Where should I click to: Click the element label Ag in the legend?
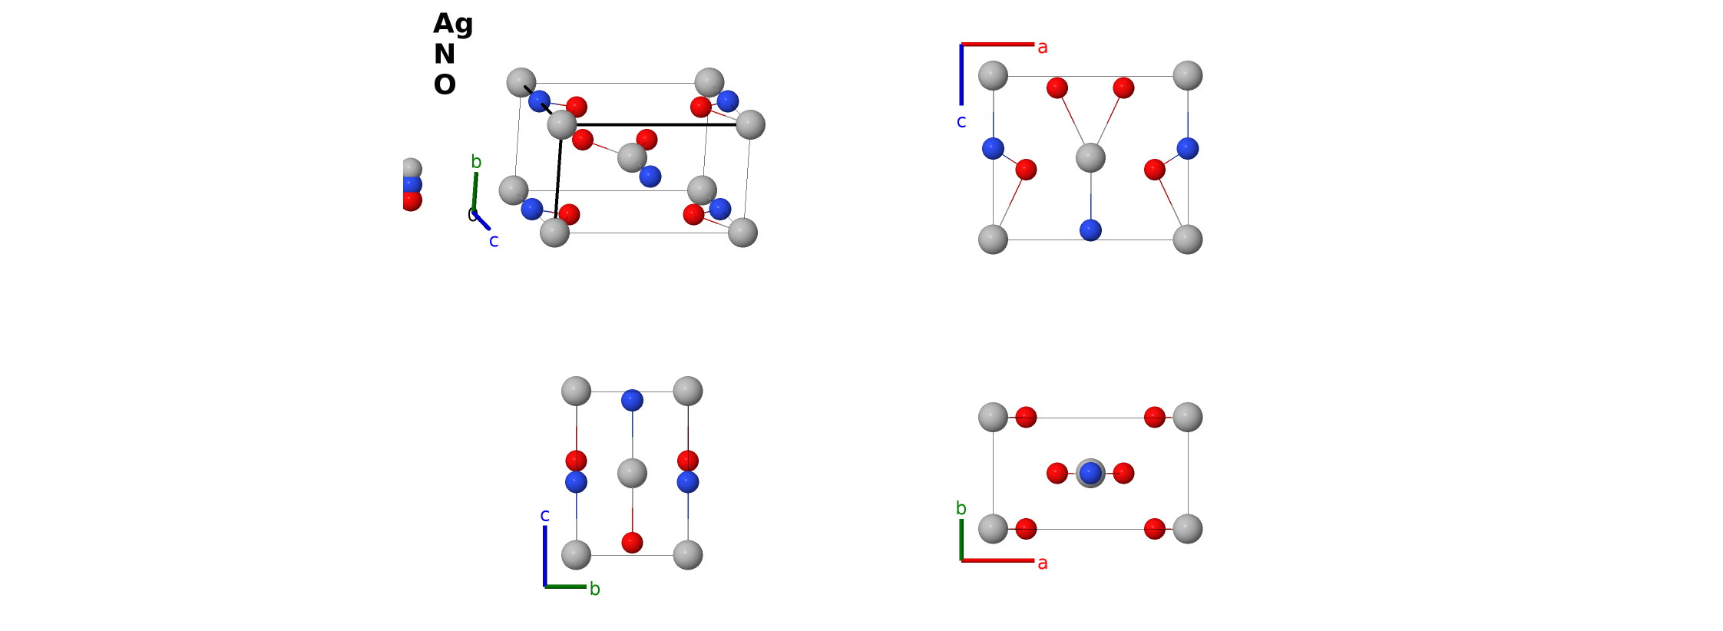click(x=453, y=25)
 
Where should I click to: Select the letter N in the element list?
click(x=445, y=54)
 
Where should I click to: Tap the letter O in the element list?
click(x=445, y=84)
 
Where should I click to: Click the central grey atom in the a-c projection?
click(x=1090, y=157)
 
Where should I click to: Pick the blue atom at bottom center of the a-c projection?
click(x=1090, y=230)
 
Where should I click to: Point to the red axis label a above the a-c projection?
click(x=1043, y=48)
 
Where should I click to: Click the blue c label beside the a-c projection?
click(x=961, y=121)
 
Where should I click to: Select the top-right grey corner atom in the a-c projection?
click(x=1188, y=76)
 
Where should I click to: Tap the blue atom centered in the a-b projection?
click(x=1090, y=473)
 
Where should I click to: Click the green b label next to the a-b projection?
click(x=961, y=508)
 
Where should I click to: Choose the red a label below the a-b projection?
click(x=1043, y=563)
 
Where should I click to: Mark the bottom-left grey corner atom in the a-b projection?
click(x=993, y=529)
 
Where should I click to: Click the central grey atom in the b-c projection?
click(x=632, y=473)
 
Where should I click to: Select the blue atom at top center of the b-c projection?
click(x=632, y=400)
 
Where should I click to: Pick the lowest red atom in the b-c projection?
click(x=632, y=543)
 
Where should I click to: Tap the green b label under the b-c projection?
click(x=595, y=589)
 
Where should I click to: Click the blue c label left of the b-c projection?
click(x=545, y=515)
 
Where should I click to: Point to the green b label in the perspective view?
click(x=476, y=162)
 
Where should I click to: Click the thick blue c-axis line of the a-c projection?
click(x=961, y=74)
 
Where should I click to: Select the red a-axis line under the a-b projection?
click(x=997, y=560)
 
